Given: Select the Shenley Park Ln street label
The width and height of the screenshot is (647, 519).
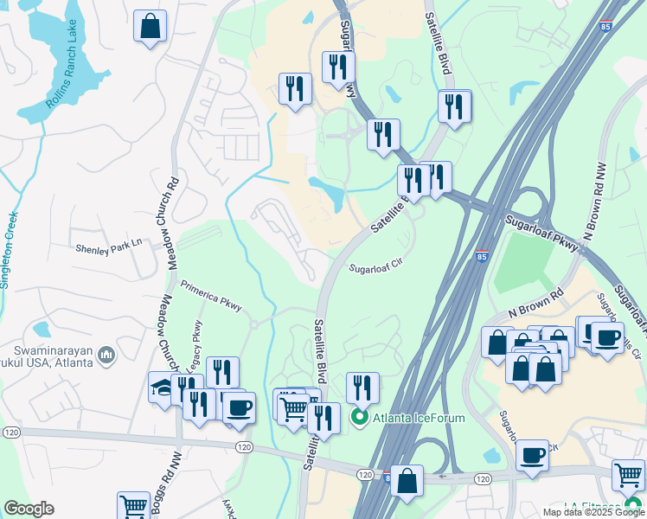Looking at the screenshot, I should click(108, 246).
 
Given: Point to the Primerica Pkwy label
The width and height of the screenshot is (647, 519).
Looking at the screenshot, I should click(210, 295).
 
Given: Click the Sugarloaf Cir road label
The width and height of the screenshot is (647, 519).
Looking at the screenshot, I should click(376, 269).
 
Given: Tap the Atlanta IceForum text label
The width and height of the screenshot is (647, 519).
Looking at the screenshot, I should click(419, 419).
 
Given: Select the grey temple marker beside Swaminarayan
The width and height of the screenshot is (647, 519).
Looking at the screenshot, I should click(106, 354).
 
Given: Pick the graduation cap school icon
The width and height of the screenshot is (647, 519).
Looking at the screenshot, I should click(162, 388).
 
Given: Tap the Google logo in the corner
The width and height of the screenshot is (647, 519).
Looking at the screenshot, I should click(29, 509).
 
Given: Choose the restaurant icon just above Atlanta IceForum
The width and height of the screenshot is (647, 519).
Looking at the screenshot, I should click(362, 387).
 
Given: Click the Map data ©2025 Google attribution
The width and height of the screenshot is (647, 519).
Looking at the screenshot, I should click(593, 512).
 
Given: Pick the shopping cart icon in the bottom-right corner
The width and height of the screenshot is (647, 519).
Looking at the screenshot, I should click(628, 474).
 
